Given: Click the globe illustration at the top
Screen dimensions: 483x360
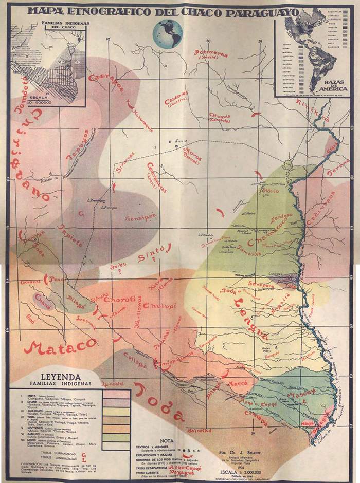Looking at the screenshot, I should tap(167, 33).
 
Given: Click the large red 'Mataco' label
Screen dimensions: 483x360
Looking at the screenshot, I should tap(60, 347).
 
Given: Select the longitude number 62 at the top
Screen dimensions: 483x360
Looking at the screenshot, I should tap(108, 39).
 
